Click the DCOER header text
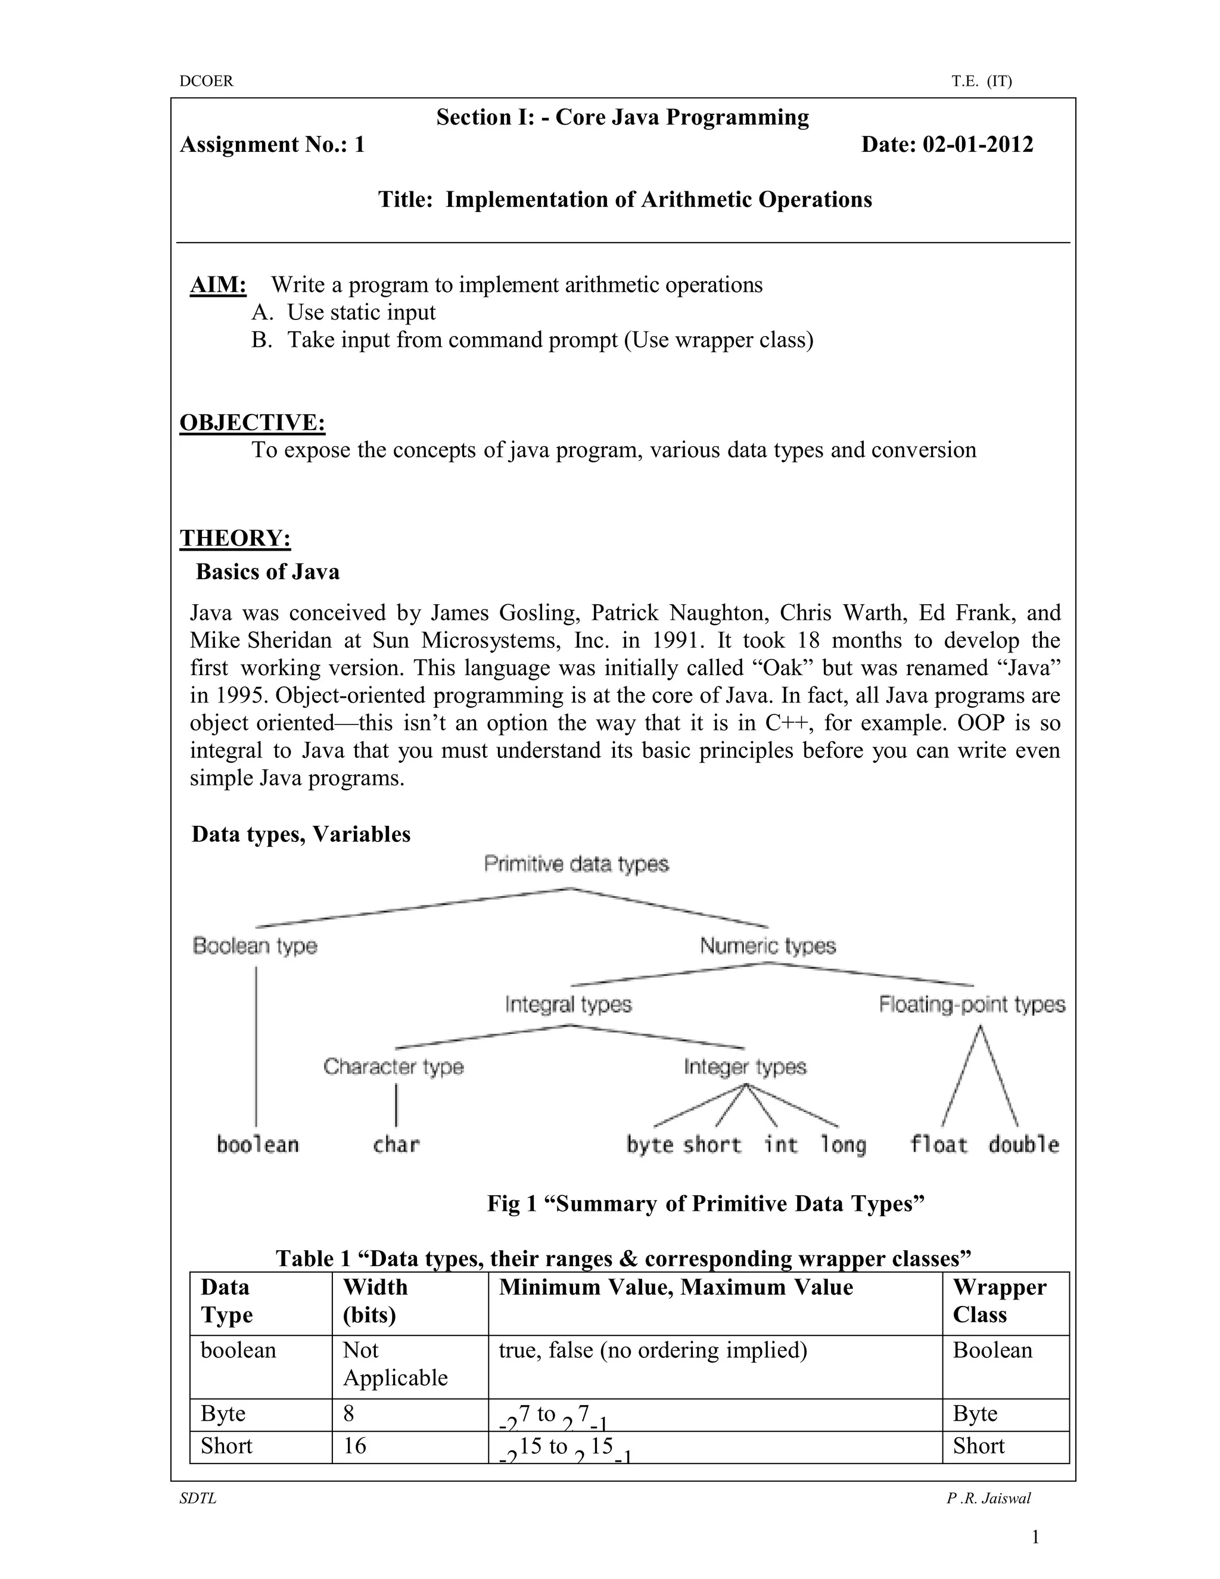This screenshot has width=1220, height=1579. (206, 81)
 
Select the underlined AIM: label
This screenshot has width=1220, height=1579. (218, 285)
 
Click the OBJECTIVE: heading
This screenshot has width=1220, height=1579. (252, 422)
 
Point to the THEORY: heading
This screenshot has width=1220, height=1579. (235, 538)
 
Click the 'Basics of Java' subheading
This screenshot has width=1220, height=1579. (267, 572)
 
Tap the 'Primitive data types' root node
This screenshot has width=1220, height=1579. (576, 864)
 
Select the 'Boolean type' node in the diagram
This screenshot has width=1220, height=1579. (255, 946)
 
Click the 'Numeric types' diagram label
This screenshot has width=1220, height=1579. (767, 946)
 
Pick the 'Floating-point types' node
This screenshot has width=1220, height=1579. (972, 1004)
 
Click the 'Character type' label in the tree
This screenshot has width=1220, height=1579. (394, 1067)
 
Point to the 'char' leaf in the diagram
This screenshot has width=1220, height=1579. (396, 1145)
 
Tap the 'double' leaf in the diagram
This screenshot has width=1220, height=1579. (1023, 1145)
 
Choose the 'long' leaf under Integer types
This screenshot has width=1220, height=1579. (843, 1145)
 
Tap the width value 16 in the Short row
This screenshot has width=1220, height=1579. (355, 1446)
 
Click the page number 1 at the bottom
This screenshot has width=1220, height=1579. (1035, 1537)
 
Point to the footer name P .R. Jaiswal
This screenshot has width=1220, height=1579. (989, 1498)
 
